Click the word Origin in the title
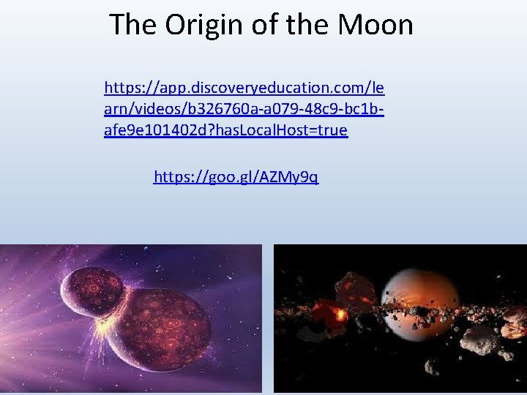(201, 24)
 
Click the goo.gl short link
(236, 177)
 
